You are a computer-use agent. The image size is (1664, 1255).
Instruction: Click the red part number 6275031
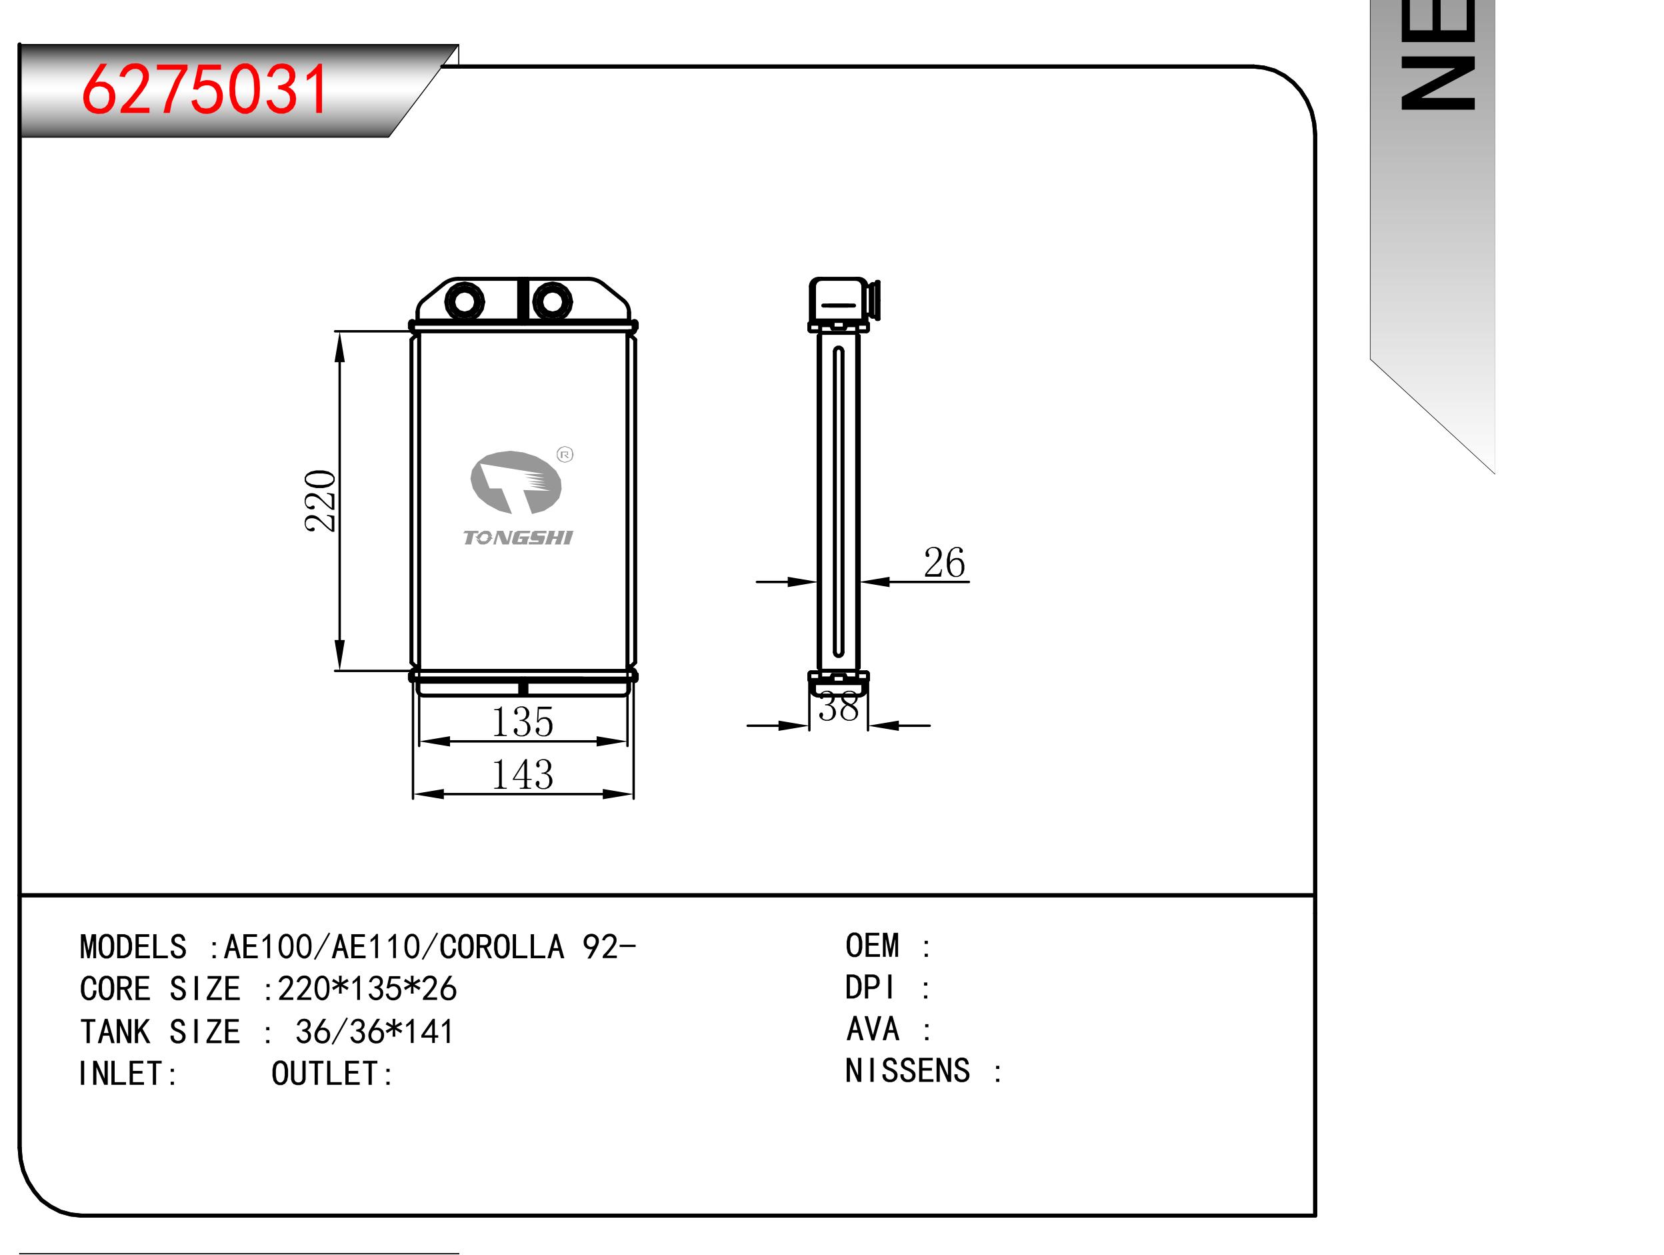(x=205, y=89)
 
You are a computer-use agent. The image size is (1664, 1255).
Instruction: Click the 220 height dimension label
(x=321, y=501)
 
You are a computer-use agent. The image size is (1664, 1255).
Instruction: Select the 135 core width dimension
(x=523, y=722)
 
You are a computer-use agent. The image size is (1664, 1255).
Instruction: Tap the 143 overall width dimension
(x=523, y=774)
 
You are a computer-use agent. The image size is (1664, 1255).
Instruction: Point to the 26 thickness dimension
(x=944, y=563)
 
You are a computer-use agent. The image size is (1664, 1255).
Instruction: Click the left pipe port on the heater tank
(x=464, y=301)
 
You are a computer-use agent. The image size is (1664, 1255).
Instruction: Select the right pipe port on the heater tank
(x=552, y=301)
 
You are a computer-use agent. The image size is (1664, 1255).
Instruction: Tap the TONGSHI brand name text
(x=517, y=537)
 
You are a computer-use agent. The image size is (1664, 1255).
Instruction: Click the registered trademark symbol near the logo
(x=565, y=454)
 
